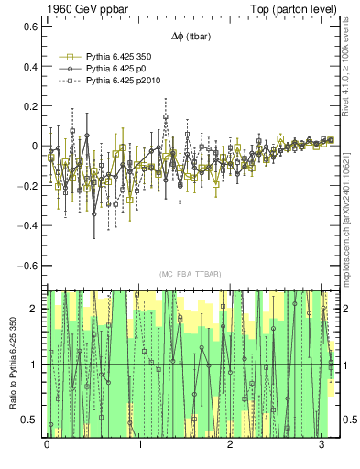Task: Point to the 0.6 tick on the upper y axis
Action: tap(29, 27)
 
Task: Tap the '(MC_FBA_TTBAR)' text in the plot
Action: tap(189, 274)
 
